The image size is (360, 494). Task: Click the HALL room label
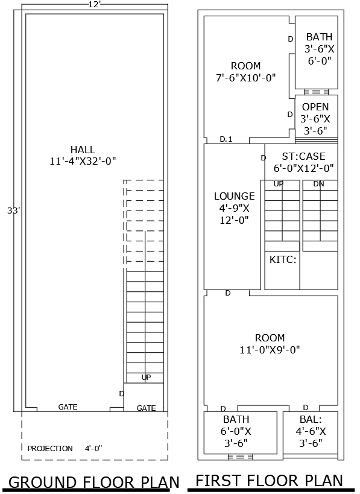point(82,150)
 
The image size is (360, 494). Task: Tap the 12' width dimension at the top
point(95,5)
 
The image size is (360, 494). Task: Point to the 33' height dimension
point(13,211)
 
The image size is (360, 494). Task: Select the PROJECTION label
point(50,448)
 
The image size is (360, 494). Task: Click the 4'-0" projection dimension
point(93,448)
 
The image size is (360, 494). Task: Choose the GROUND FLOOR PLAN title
point(94,482)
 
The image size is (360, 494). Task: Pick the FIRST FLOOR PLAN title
point(270,480)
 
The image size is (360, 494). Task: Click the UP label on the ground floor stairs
point(146,377)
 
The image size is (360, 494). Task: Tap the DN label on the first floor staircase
point(318,183)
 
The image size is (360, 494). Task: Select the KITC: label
point(282,260)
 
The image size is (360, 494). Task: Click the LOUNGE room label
point(235,196)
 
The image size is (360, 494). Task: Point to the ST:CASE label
point(303,156)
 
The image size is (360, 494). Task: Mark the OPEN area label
point(315,107)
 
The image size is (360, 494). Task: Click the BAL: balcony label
point(311,419)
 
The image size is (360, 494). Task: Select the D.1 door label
point(226,139)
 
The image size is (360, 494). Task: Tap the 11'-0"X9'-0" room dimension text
point(270,349)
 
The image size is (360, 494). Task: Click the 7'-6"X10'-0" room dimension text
point(246,77)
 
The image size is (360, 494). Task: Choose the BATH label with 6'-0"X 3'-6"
point(236,419)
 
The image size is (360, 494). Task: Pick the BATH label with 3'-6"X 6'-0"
point(319,37)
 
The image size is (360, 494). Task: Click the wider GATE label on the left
point(68,407)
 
